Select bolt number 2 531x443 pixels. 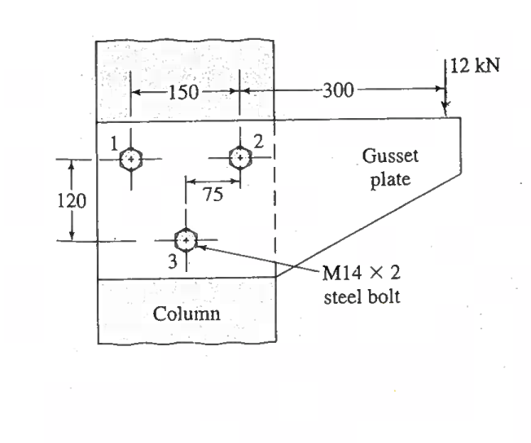(239, 156)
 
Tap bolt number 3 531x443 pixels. (186, 240)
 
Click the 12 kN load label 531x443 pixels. (474, 66)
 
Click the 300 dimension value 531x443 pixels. (336, 90)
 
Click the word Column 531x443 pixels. (187, 313)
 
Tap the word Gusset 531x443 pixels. (385, 156)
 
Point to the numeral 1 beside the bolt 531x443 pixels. (115, 143)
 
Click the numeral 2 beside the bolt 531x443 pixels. (257, 140)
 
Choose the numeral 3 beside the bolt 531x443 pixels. (172, 261)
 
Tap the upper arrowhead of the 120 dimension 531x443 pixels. (72, 164)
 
